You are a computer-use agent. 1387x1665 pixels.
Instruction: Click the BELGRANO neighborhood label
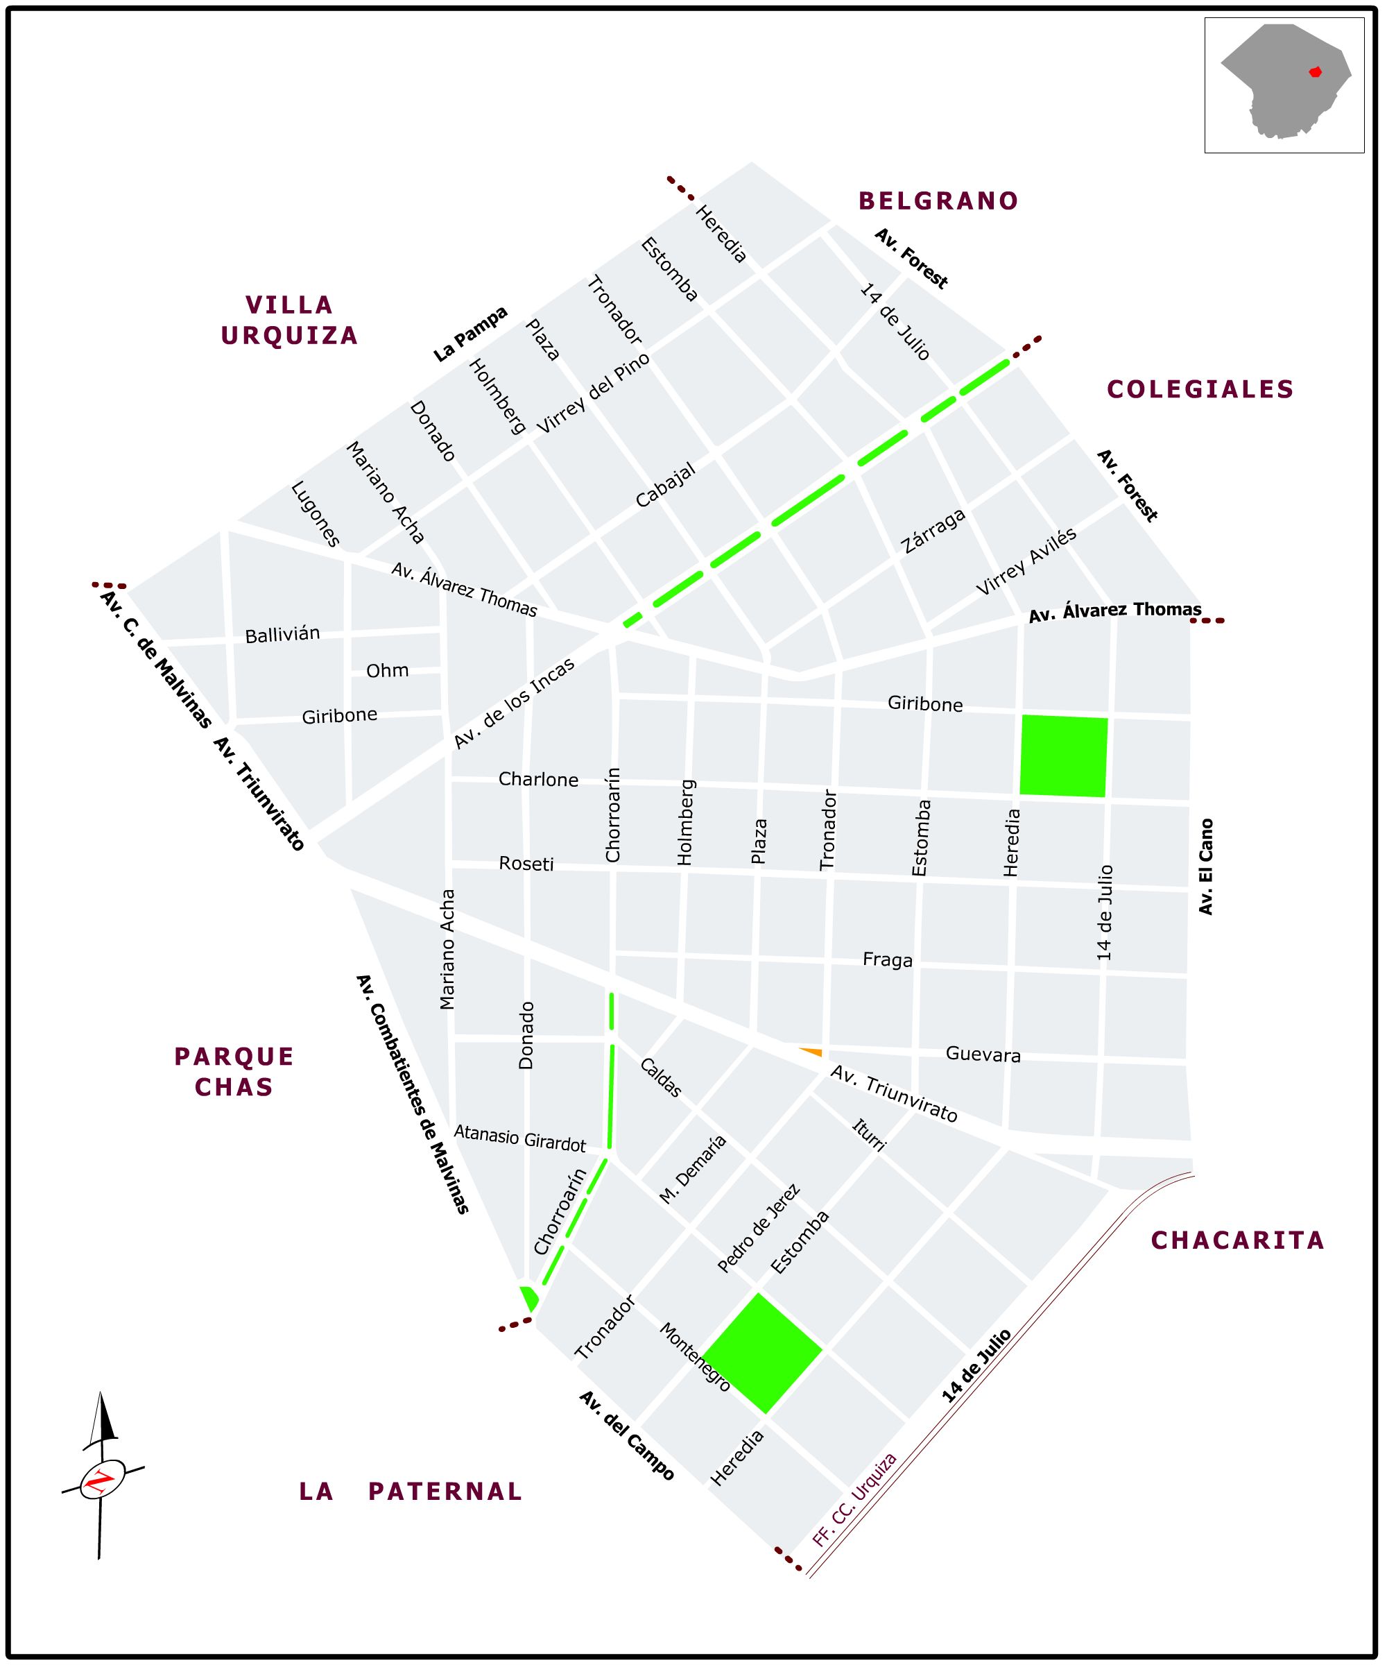click(x=938, y=201)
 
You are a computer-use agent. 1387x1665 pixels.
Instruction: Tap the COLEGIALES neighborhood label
click(x=1200, y=389)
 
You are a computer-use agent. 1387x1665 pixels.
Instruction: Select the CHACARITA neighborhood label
click(x=1237, y=1240)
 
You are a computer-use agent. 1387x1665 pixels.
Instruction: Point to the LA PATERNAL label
click(x=411, y=1492)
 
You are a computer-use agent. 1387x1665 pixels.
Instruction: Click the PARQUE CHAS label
click(x=234, y=1071)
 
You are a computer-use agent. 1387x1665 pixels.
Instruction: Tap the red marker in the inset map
click(x=1316, y=71)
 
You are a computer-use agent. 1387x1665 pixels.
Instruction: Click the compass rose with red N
click(x=102, y=1480)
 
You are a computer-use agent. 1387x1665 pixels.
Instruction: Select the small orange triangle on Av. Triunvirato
click(x=811, y=1051)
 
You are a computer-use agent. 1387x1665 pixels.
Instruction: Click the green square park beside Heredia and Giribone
click(x=1064, y=755)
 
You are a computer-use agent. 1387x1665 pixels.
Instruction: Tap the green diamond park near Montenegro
click(x=762, y=1353)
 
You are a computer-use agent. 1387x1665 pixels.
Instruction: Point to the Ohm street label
click(x=388, y=671)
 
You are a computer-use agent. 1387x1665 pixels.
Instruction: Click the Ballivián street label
click(x=282, y=635)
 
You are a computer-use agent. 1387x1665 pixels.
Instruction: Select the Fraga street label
click(x=888, y=960)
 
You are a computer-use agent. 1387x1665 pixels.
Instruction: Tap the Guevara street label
click(x=983, y=1054)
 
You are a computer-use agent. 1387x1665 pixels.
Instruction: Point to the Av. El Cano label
click(x=1205, y=866)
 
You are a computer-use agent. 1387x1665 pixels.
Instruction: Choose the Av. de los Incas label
click(x=514, y=704)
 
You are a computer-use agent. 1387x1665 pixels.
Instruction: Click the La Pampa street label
click(x=470, y=334)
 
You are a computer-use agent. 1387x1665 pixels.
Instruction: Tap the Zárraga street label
click(x=933, y=531)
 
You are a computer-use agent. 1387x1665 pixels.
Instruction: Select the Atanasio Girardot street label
click(x=519, y=1138)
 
